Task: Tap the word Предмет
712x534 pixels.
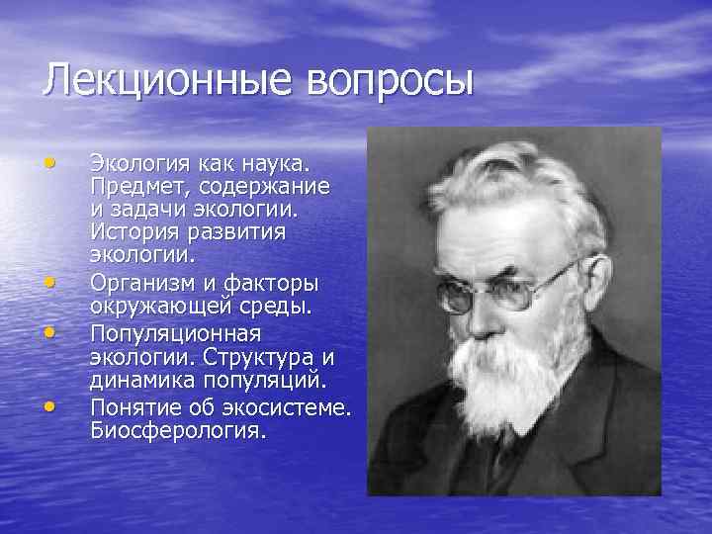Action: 136,185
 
